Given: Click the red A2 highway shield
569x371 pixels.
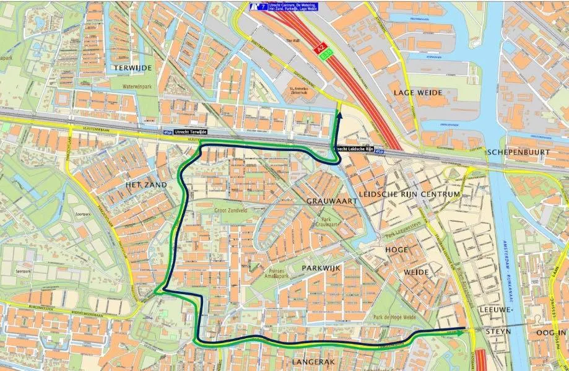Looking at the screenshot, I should point(321,46).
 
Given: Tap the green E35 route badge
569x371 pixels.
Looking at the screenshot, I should point(327,55).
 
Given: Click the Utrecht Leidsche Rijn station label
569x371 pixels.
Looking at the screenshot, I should point(355,149).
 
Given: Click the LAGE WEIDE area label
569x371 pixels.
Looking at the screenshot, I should point(418,92).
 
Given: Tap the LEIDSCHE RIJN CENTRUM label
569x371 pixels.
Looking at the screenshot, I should point(409,194).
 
